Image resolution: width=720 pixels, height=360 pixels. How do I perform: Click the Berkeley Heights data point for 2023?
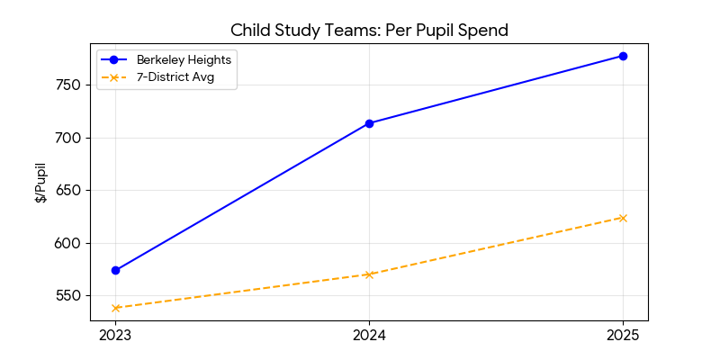(115, 270)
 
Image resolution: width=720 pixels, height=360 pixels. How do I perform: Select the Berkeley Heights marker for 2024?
(369, 123)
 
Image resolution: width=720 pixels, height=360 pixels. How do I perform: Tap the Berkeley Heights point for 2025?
(623, 56)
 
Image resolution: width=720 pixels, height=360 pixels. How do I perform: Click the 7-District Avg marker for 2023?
(115, 308)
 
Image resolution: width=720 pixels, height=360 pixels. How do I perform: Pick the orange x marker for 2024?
(369, 274)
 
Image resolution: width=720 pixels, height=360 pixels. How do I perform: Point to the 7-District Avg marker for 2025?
(623, 218)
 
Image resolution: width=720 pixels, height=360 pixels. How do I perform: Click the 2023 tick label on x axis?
(115, 336)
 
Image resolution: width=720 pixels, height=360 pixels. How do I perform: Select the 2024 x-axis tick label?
(369, 336)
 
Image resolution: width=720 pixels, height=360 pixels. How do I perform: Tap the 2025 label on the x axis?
(623, 336)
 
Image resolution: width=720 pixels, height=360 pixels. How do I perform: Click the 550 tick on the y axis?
(69, 296)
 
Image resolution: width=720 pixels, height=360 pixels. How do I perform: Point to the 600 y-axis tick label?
(69, 243)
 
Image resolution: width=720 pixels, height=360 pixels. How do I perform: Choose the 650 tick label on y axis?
(69, 191)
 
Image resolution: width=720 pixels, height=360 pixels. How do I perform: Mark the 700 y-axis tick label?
(69, 138)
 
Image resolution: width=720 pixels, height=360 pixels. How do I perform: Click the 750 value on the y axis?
(69, 85)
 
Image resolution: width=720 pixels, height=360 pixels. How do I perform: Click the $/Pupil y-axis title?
(40, 184)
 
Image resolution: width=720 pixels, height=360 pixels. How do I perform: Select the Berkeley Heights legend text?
(183, 59)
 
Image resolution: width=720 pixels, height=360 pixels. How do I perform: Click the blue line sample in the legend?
(114, 59)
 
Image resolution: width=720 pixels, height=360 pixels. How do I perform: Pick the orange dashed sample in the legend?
(114, 77)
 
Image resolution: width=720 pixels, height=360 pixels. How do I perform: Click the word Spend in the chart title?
(483, 30)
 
